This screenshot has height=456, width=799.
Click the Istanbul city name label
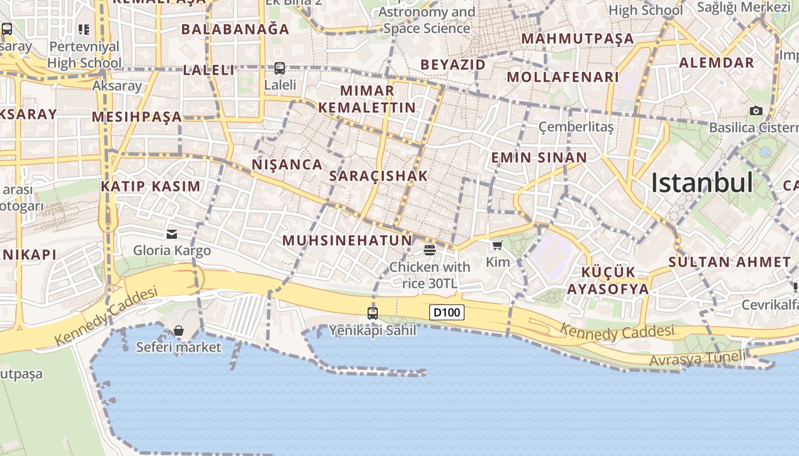click(702, 183)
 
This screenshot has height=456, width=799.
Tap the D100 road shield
click(446, 312)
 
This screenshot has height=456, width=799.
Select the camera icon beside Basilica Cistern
click(756, 111)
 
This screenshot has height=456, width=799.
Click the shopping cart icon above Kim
click(497, 246)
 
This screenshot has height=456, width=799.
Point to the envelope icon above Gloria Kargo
click(172, 234)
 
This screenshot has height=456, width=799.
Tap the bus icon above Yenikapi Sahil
click(373, 313)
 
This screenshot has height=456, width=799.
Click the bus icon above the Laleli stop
click(280, 68)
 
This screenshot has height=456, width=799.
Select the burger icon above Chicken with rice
click(430, 250)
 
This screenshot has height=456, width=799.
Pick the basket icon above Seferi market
click(179, 331)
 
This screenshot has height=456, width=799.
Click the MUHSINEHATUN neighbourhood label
click(347, 241)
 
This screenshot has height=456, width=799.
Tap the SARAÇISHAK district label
click(378, 176)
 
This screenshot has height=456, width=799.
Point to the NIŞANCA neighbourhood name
click(287, 165)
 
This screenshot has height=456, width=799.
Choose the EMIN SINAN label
click(539, 158)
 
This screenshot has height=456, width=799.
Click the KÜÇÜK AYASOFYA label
click(608, 280)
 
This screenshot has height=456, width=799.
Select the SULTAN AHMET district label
click(729, 262)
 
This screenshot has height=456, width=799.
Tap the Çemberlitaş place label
click(576, 127)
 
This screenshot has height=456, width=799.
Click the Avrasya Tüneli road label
click(697, 359)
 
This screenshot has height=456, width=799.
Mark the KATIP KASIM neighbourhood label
click(151, 186)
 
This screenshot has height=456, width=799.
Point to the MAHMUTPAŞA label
click(578, 39)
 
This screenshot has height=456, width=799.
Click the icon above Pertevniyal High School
click(84, 30)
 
